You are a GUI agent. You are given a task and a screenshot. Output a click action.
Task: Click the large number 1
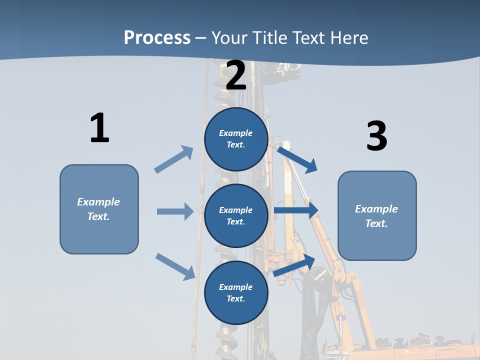pyautogui.click(x=99, y=128)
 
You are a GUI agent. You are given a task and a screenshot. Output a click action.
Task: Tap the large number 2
pyautogui.click(x=236, y=75)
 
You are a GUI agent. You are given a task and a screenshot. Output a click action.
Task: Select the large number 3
pyautogui.click(x=376, y=136)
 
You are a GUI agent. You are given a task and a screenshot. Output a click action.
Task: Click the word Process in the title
pyautogui.click(x=157, y=37)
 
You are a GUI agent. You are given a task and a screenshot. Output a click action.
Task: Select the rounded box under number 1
pyautogui.click(x=99, y=209)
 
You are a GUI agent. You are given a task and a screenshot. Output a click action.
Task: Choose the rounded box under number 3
pyautogui.click(x=377, y=215)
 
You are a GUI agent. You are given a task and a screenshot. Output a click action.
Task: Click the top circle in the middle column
pyautogui.click(x=236, y=139)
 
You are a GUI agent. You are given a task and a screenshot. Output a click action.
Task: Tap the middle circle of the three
pyautogui.click(x=236, y=215)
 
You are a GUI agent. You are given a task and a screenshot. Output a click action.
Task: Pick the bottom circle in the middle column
pyautogui.click(x=236, y=292)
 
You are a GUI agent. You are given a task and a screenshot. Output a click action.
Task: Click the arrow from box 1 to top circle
pyautogui.click(x=173, y=159)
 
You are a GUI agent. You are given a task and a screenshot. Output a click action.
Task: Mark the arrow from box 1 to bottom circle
pyautogui.click(x=175, y=266)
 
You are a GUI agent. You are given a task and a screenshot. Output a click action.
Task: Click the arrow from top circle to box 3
pyautogui.click(x=297, y=159)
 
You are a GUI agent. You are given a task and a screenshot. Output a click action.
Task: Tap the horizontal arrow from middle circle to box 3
pyautogui.click(x=296, y=210)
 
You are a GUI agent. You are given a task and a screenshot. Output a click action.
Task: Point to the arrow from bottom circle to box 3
pyautogui.click(x=294, y=265)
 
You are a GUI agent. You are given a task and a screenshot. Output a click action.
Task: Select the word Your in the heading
pyautogui.click(x=229, y=37)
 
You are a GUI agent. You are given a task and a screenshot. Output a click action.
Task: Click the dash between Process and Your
pyautogui.click(x=201, y=38)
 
